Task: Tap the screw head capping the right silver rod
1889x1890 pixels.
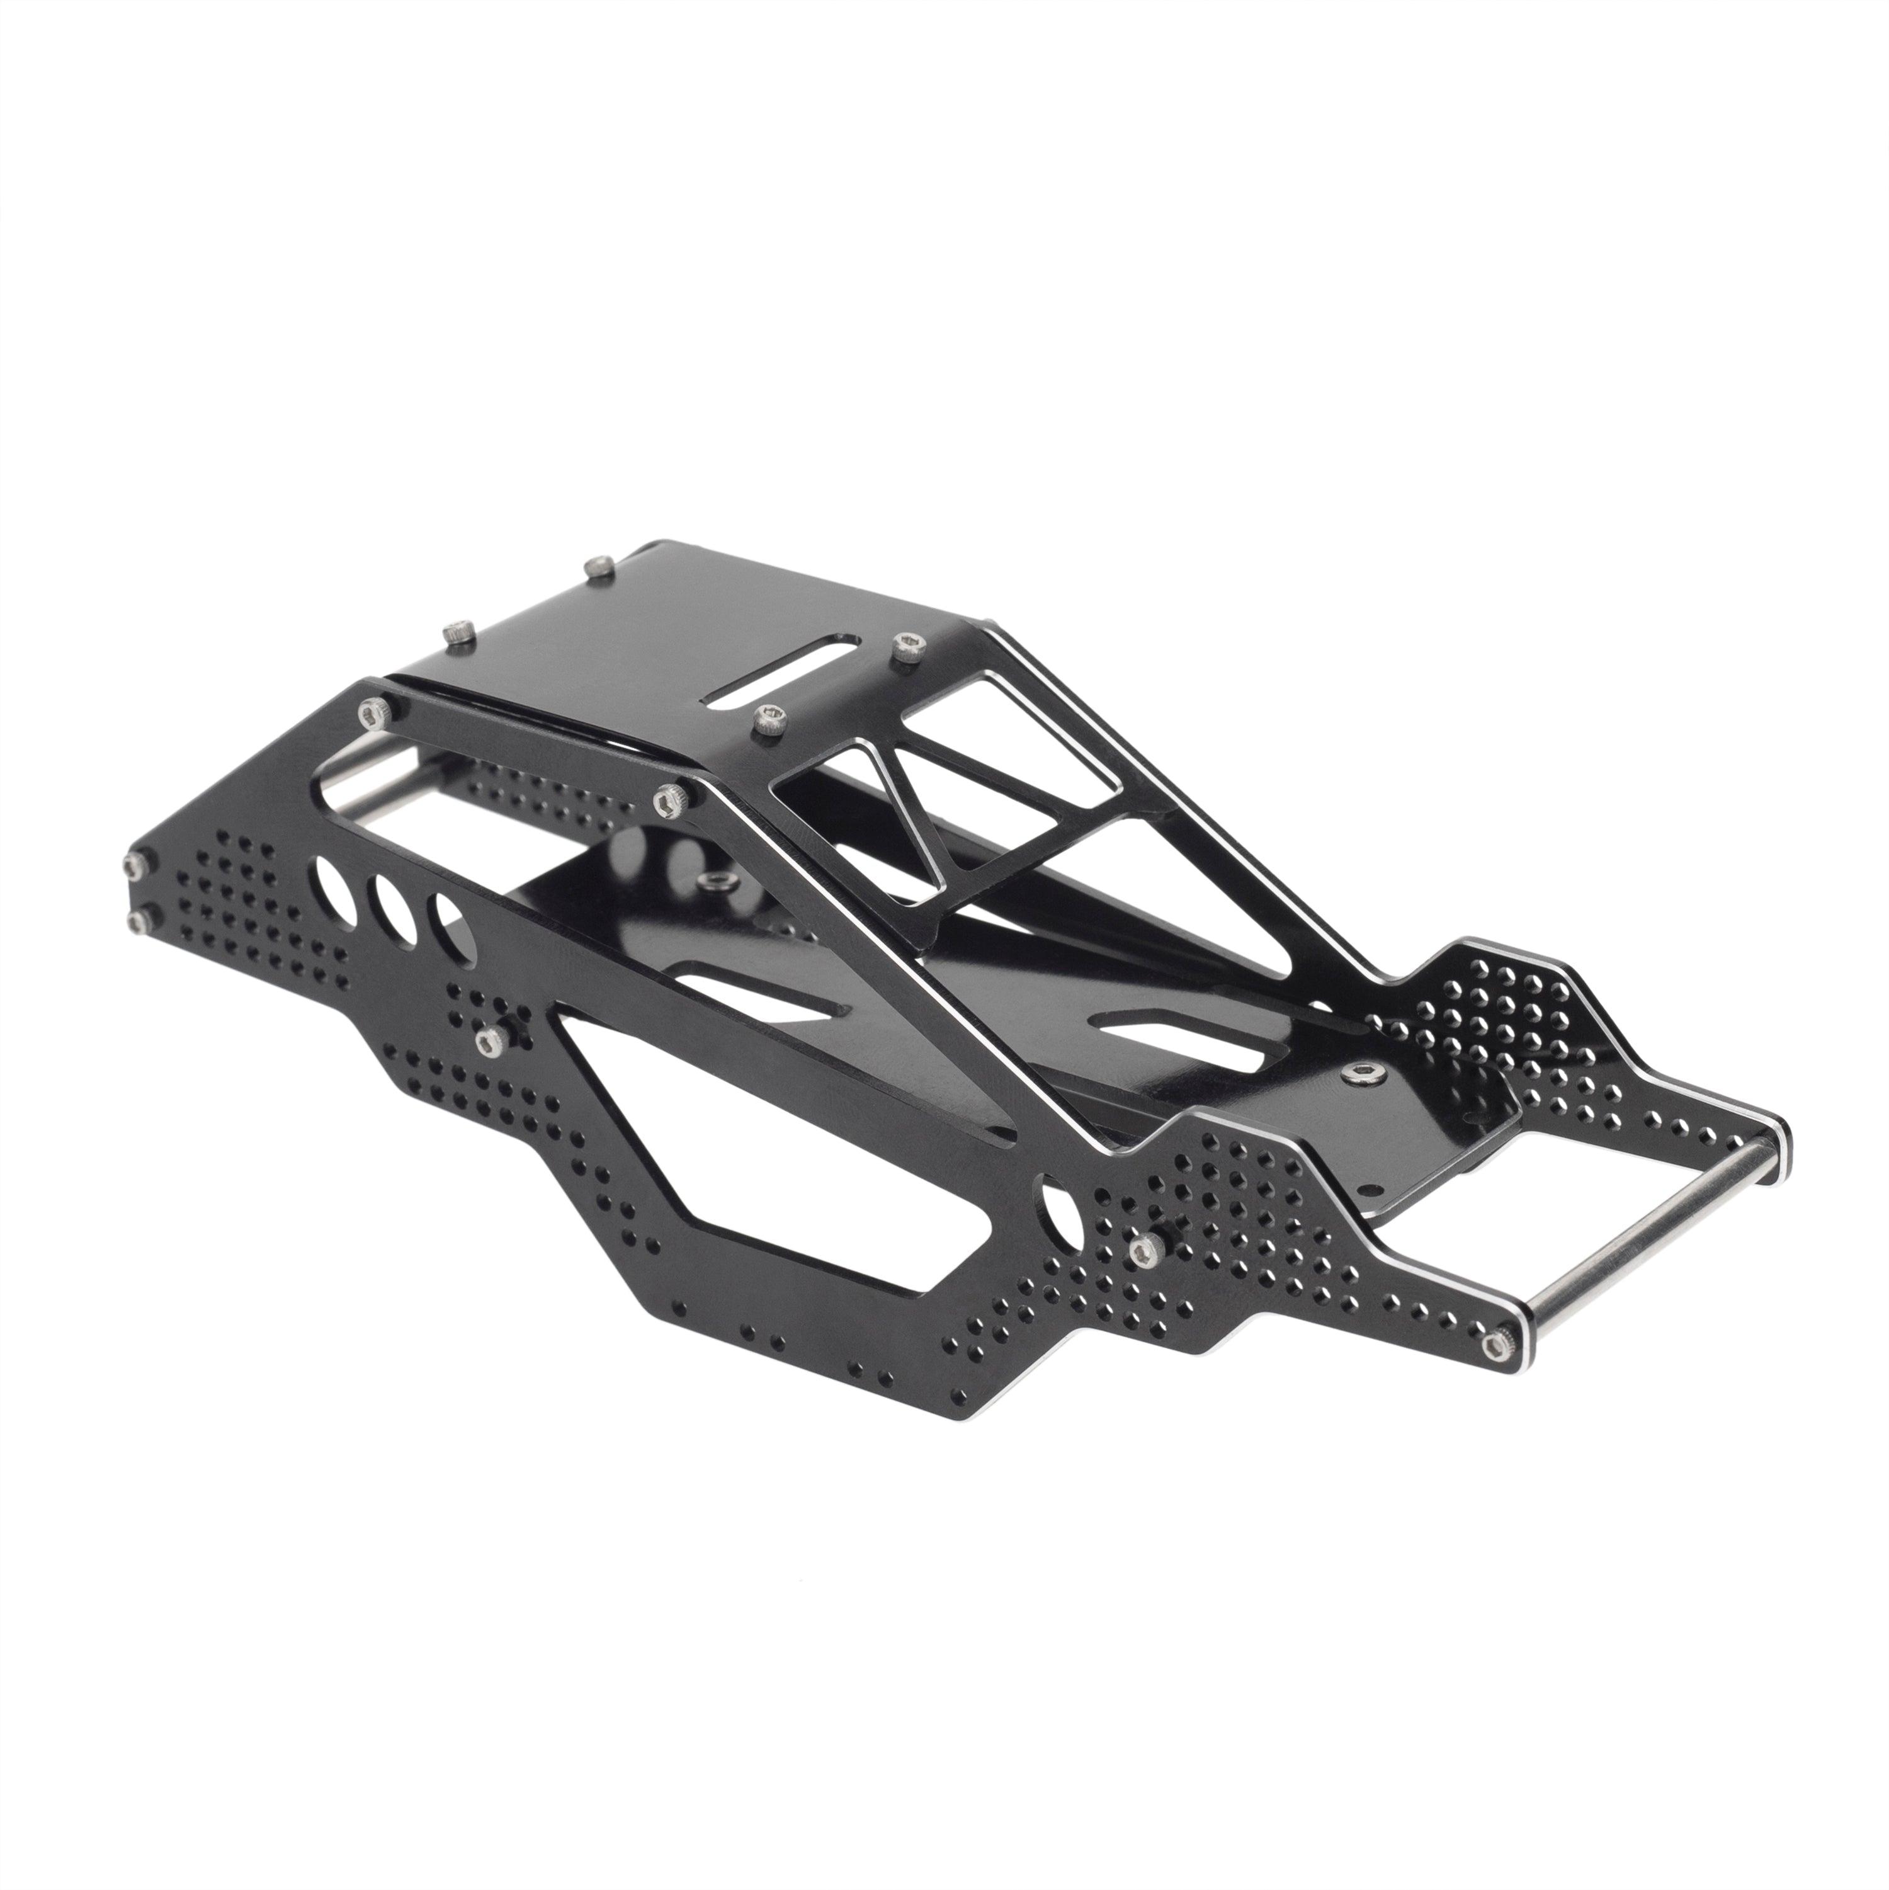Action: (x=1495, y=1347)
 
